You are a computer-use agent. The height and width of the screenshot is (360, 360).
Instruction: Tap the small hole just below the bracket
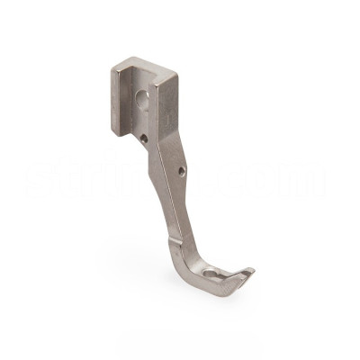coord(144,138)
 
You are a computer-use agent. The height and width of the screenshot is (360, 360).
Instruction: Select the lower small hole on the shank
coord(181,169)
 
